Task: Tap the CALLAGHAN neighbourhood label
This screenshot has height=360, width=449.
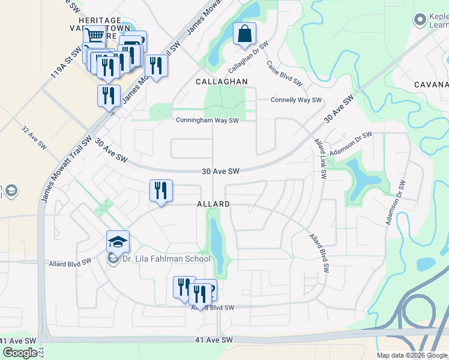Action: coord(221,81)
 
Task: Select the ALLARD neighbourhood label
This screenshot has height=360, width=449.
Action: coord(213,205)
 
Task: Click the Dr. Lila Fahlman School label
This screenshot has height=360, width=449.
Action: coord(166,259)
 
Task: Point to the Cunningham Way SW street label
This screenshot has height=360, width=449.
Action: coord(207,120)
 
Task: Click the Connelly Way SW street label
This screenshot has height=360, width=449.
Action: coord(296,100)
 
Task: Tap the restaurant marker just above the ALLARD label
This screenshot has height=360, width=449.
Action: coord(161,191)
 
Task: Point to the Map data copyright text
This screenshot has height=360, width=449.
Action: coord(411,355)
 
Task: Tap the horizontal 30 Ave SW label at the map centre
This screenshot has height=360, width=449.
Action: coord(220,172)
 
